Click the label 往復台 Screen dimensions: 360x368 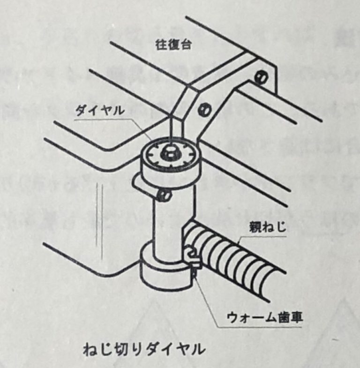click(x=173, y=45)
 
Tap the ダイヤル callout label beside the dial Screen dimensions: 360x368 click(x=99, y=110)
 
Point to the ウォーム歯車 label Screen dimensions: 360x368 click(x=264, y=317)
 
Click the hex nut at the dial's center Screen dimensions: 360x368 click(x=169, y=152)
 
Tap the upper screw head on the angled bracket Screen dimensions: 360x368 click(x=261, y=76)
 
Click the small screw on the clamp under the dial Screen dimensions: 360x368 click(x=165, y=195)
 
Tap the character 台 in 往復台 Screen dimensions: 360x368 click(x=186, y=45)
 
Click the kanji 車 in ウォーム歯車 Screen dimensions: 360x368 click(x=296, y=317)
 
